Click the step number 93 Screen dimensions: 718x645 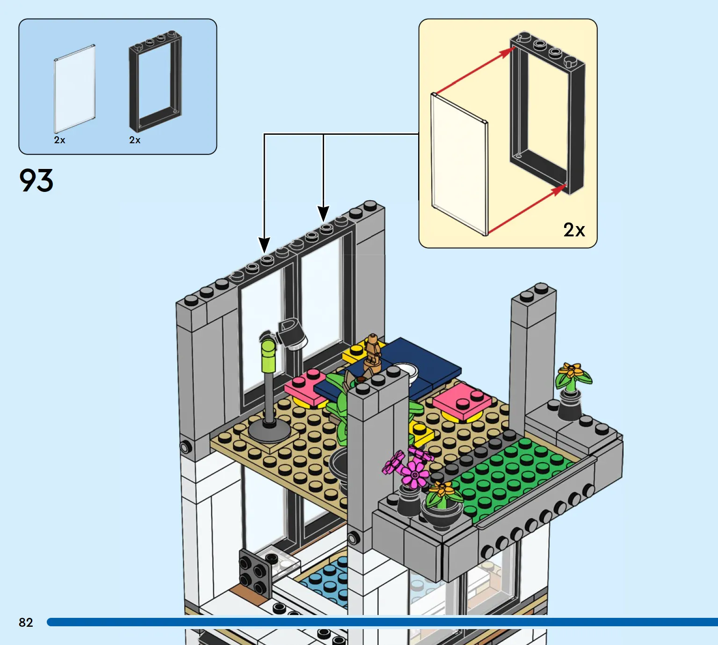[36, 181]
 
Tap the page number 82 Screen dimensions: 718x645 [26, 623]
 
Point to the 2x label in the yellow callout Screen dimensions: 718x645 [574, 230]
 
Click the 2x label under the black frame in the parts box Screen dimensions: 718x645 [135, 140]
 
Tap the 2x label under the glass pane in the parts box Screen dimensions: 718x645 [59, 140]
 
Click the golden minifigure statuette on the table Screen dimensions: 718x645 [372, 353]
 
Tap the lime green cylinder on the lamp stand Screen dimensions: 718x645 [268, 355]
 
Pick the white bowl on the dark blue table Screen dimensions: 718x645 [406, 372]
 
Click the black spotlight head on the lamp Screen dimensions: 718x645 [292, 333]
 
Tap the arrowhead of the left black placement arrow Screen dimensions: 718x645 [264, 245]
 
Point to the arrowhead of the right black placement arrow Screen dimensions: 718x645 [323, 214]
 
